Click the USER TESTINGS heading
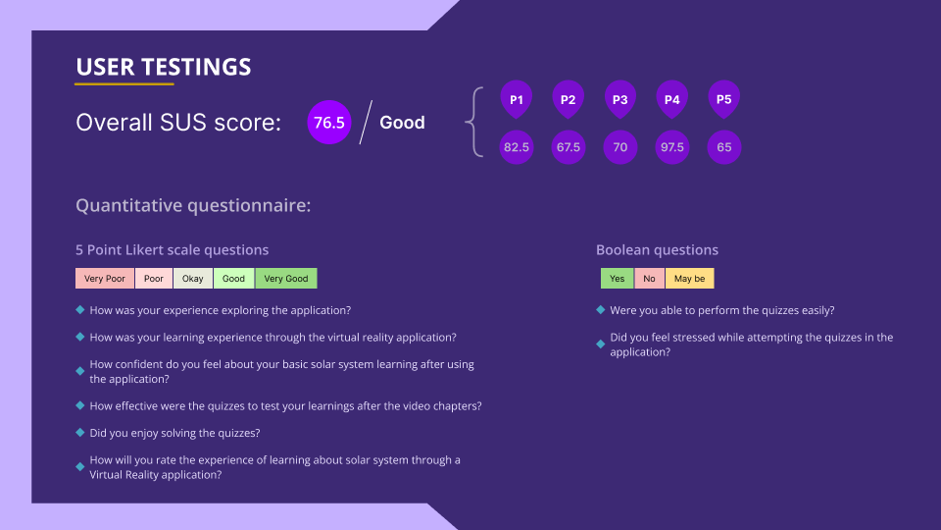pyautogui.click(x=164, y=67)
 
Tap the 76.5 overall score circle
pyautogui.click(x=329, y=123)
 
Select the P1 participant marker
pyautogui.click(x=517, y=99)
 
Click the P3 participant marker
pyautogui.click(x=619, y=99)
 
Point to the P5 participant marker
pyautogui.click(x=723, y=99)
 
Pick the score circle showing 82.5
pyautogui.click(x=517, y=147)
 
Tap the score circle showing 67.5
pyautogui.click(x=569, y=147)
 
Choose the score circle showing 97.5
pyautogui.click(x=672, y=147)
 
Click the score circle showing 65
pyautogui.click(x=723, y=147)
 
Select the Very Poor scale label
pyautogui.click(x=105, y=278)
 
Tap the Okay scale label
pyautogui.click(x=193, y=278)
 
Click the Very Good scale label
pyautogui.click(x=286, y=278)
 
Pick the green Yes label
pyautogui.click(x=617, y=278)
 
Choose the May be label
pyautogui.click(x=689, y=278)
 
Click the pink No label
pyautogui.click(x=649, y=278)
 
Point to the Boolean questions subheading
pyautogui.click(x=657, y=250)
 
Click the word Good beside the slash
pyautogui.click(x=402, y=123)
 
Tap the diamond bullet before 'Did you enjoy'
pyautogui.click(x=79, y=433)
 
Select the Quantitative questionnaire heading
pyautogui.click(x=193, y=205)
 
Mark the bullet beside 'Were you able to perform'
pyautogui.click(x=600, y=310)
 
